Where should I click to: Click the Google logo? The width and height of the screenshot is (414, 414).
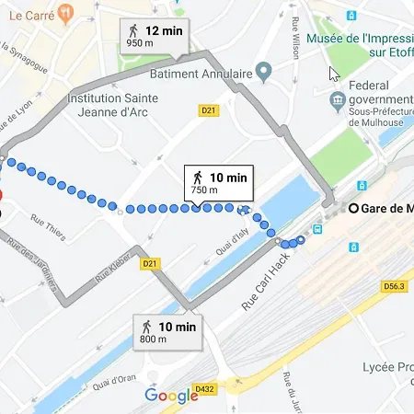pos(171,396)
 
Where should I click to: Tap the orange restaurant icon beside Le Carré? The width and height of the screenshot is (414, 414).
pos(64,13)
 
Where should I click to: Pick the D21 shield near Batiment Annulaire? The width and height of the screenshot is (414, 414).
pos(209,110)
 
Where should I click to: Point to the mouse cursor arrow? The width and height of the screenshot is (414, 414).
pos(334,73)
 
